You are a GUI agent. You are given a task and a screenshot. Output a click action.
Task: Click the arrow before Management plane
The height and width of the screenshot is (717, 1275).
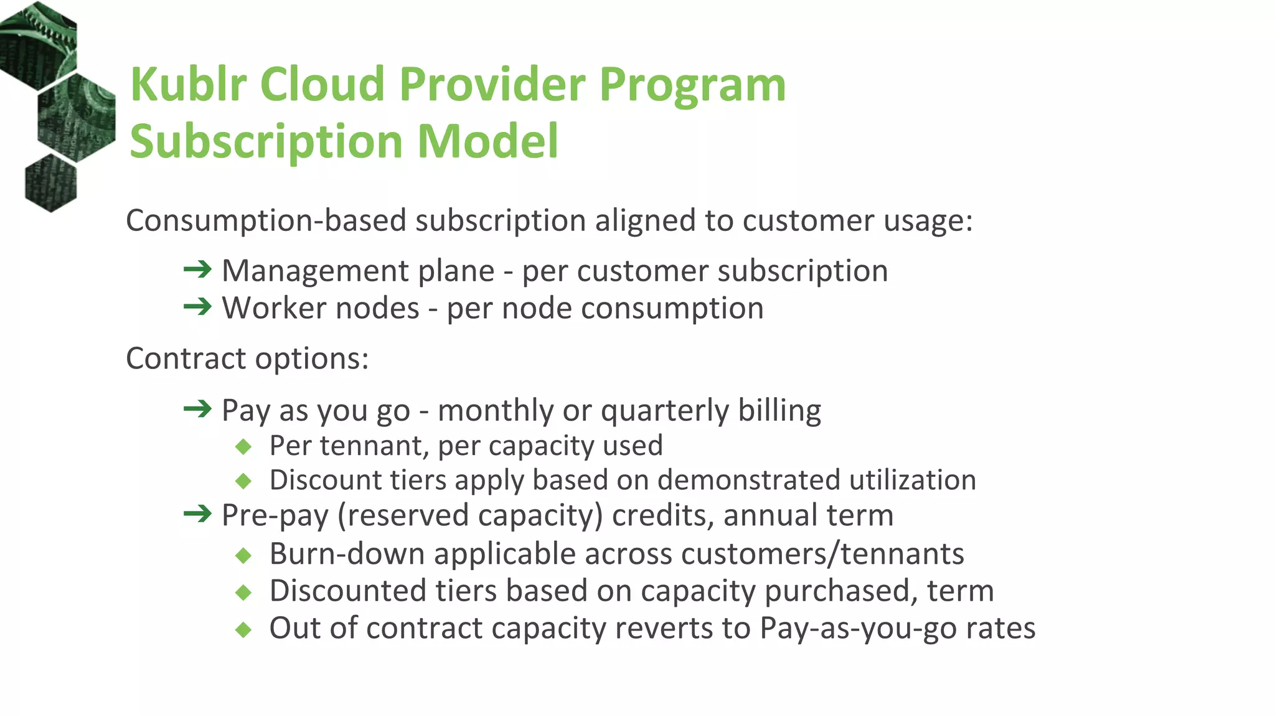(198, 269)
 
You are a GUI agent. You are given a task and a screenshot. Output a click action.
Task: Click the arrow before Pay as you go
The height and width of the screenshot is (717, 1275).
(198, 409)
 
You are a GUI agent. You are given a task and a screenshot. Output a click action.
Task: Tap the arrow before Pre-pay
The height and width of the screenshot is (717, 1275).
(198, 514)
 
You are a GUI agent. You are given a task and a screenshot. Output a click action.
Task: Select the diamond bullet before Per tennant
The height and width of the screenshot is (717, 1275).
(243, 446)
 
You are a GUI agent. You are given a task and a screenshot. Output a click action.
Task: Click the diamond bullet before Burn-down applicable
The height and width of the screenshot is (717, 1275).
(243, 555)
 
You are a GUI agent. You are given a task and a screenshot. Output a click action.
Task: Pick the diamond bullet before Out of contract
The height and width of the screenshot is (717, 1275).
(243, 629)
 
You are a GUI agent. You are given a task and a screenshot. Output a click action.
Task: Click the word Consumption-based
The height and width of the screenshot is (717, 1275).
(266, 221)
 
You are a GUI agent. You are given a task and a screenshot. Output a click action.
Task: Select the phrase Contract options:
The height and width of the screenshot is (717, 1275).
(247, 359)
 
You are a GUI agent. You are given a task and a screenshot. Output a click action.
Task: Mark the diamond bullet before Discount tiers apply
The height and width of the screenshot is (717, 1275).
(243, 480)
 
